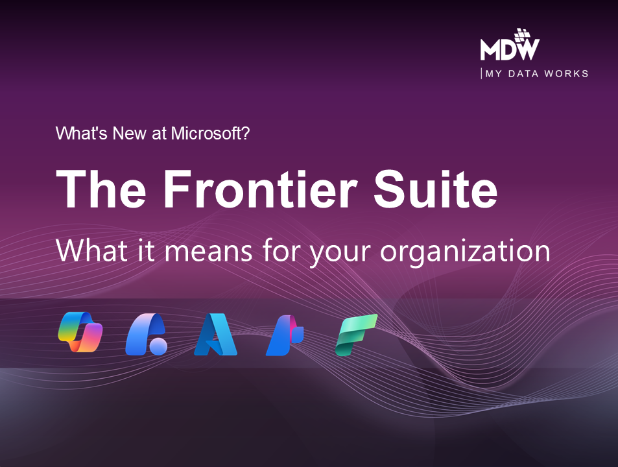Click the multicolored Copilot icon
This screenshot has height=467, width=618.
[80, 332]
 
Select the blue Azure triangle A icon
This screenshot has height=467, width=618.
[215, 335]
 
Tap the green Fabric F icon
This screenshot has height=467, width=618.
[356, 334]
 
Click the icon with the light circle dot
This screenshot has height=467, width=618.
[147, 335]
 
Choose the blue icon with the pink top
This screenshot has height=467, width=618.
[285, 335]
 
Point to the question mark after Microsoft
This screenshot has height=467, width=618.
[244, 134]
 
